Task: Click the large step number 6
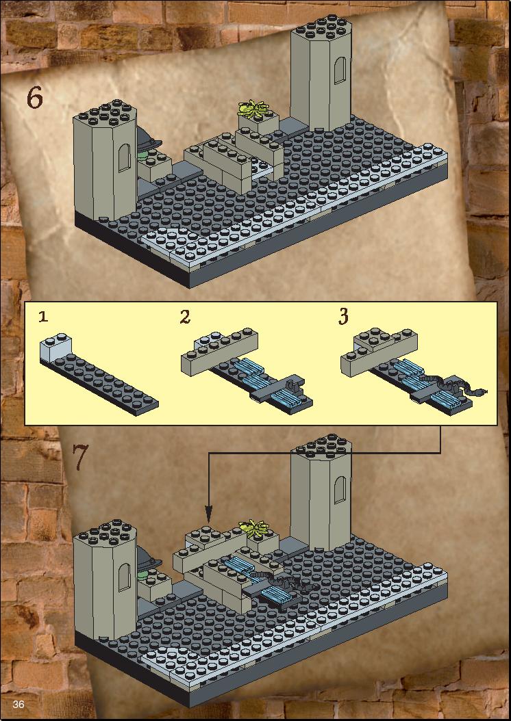[x=34, y=98]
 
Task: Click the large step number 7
[x=79, y=458]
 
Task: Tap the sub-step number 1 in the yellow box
[x=43, y=317]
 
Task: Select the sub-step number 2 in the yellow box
[x=185, y=317]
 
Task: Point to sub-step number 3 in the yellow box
[x=343, y=317]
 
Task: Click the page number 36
[x=19, y=704]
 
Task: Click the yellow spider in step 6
[x=252, y=109]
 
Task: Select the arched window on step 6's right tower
[x=340, y=70]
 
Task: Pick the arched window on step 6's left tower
[x=124, y=157]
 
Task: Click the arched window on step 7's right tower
[x=340, y=491]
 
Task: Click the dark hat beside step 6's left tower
[x=148, y=137]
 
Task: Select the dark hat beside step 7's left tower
[x=148, y=557]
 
